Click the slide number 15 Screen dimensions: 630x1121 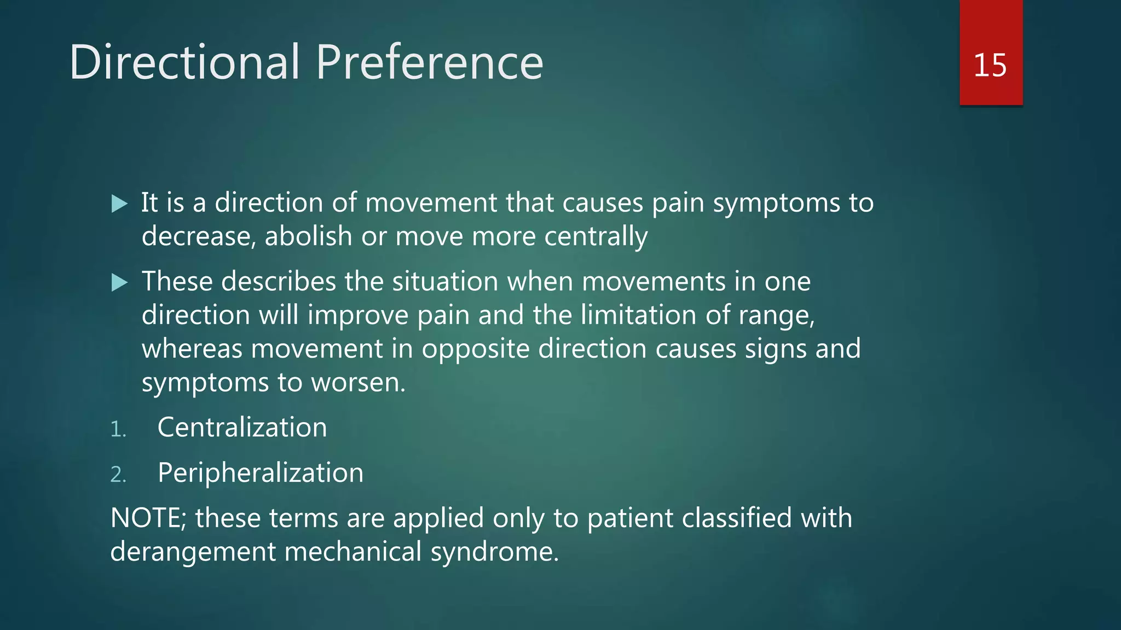(x=990, y=65)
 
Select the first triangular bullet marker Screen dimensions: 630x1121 (x=119, y=204)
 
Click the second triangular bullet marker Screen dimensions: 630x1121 (x=119, y=283)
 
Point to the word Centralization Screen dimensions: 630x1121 (x=242, y=427)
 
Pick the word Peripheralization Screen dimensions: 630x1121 (x=261, y=472)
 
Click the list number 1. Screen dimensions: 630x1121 (x=118, y=429)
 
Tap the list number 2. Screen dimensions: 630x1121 (x=118, y=475)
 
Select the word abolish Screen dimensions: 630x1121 (x=308, y=236)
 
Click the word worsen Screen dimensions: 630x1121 (x=358, y=382)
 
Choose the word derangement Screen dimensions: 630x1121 (x=193, y=552)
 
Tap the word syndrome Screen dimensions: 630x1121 (x=494, y=552)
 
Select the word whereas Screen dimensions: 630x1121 (x=192, y=349)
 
